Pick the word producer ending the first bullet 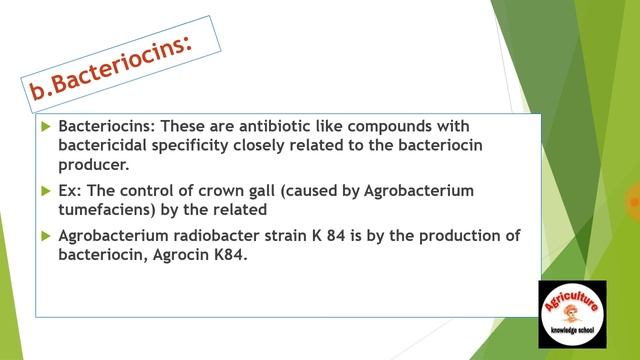(x=93, y=165)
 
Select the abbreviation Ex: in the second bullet (x=71, y=190)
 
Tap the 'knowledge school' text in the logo (x=573, y=329)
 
